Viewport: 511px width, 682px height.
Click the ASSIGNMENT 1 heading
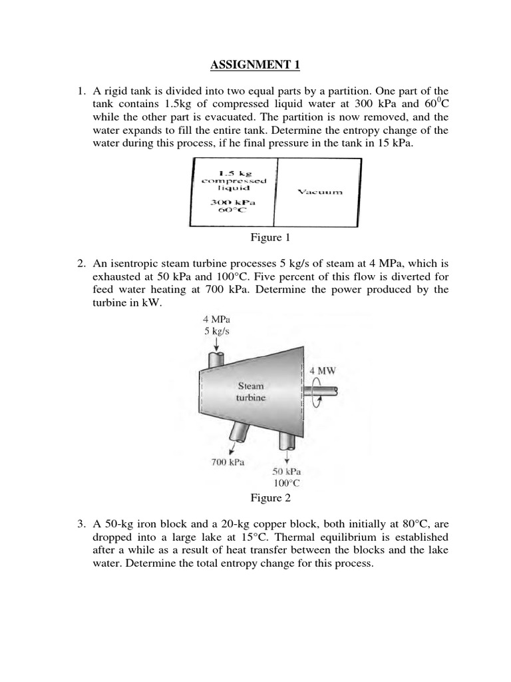coord(255,65)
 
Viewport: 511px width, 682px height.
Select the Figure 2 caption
coord(270,498)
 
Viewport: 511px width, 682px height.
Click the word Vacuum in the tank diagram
coord(321,192)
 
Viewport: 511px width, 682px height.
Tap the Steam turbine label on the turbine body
coord(250,392)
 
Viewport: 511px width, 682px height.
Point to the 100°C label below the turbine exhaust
coord(287,484)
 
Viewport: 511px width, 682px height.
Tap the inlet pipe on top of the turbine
coord(217,358)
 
